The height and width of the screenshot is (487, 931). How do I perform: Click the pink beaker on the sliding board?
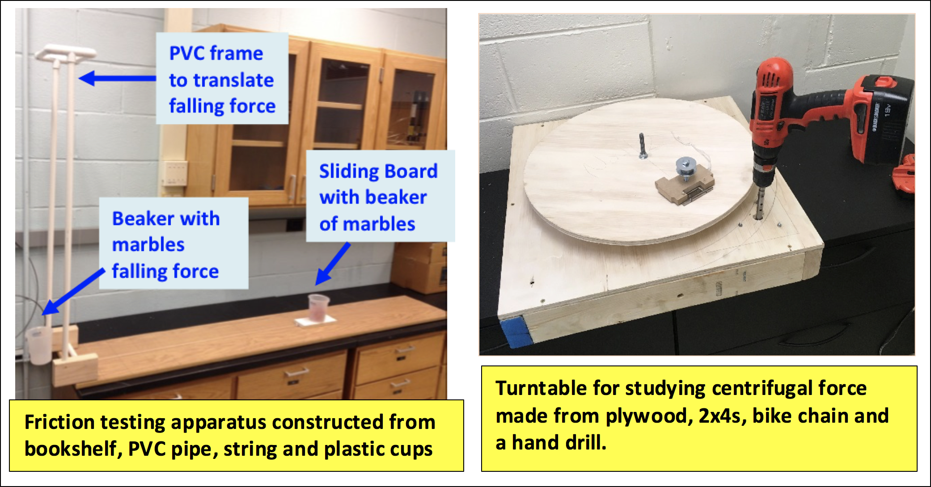pos(318,307)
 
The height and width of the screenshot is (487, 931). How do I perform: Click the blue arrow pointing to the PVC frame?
pos(117,78)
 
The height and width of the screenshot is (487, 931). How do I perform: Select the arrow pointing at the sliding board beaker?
pos(332,264)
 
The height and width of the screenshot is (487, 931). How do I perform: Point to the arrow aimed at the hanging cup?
pos(74,291)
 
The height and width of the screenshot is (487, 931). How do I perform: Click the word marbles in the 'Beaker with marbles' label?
pos(148,245)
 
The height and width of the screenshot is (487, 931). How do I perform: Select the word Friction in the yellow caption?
pos(59,422)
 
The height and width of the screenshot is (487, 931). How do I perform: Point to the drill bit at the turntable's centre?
pos(642,145)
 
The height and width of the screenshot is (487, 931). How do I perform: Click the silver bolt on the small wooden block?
pos(685,168)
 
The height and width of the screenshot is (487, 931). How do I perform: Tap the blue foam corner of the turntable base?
pos(514,332)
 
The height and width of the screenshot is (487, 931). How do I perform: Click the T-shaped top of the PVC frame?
pos(66,53)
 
